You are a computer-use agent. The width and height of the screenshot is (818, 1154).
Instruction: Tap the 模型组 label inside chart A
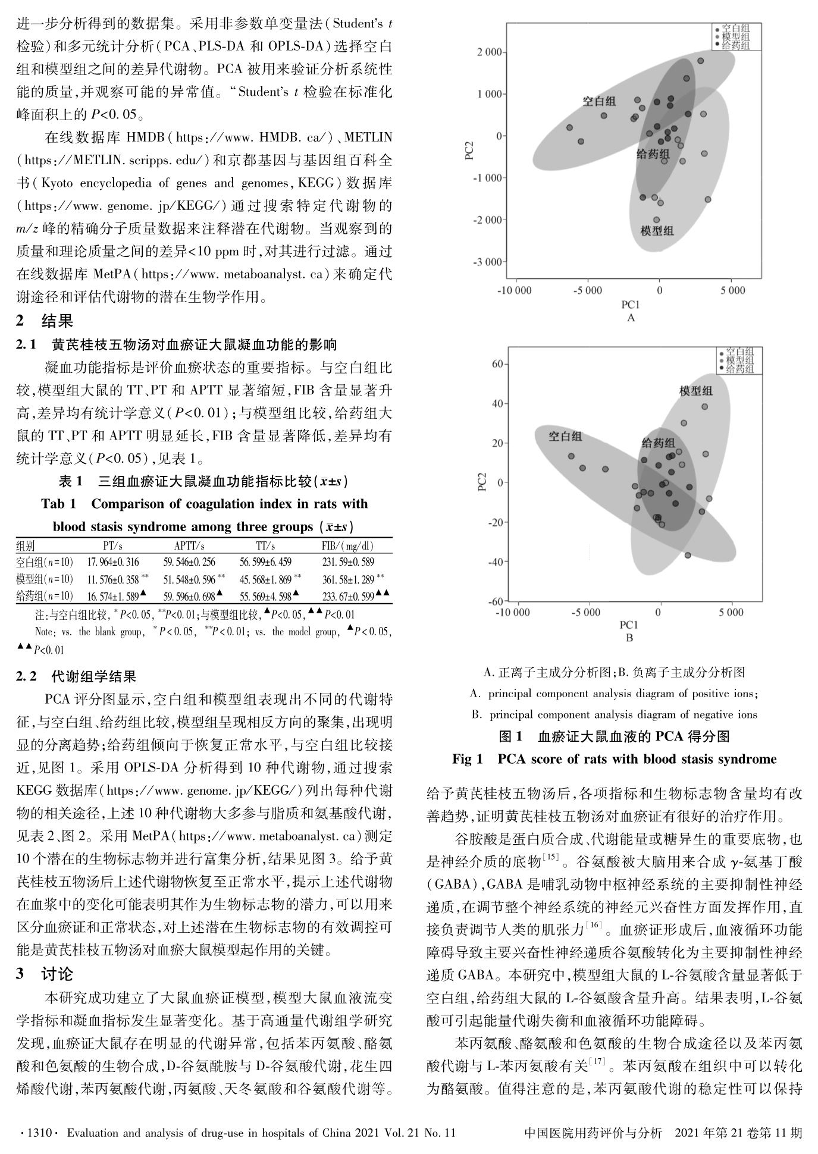coord(657,230)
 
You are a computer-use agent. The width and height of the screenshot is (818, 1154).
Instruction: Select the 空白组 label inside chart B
coord(565,436)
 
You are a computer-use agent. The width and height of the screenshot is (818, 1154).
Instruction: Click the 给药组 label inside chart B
coord(657,443)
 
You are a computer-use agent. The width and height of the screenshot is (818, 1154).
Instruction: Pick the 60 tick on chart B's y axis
coord(497,364)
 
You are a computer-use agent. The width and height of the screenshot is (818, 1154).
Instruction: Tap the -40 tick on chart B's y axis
coord(495,562)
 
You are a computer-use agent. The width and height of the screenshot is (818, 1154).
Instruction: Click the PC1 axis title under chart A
coord(631,305)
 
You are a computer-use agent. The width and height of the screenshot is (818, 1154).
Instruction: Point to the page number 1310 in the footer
coord(37,1133)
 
